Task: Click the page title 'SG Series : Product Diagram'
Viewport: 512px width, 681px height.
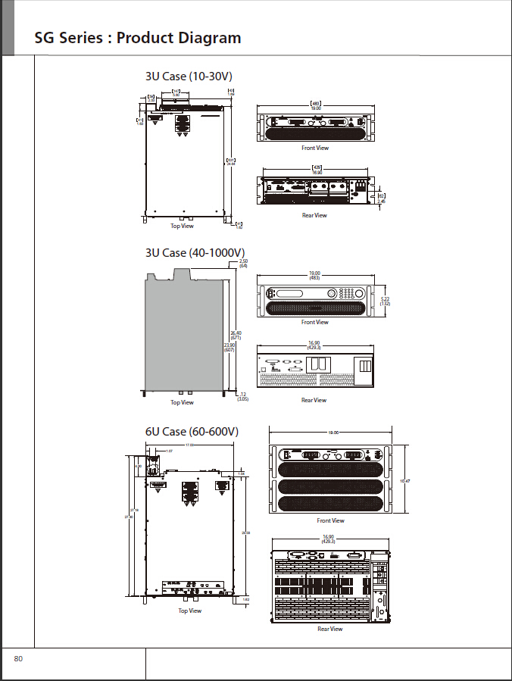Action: click(x=138, y=38)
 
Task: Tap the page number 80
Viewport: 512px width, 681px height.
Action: click(x=18, y=659)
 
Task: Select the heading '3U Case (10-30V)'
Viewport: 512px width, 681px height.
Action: click(x=189, y=77)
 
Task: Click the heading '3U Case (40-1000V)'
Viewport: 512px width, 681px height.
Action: click(x=195, y=252)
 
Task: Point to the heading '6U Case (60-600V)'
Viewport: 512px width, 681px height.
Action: click(x=192, y=432)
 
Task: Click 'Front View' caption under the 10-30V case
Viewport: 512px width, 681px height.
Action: click(x=315, y=148)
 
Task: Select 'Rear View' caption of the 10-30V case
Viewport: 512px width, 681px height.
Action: click(x=314, y=215)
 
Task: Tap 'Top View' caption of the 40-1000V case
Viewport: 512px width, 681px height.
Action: click(x=182, y=402)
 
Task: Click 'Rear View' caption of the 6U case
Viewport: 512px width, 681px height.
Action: click(x=329, y=629)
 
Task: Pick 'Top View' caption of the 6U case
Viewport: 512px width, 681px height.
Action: click(x=190, y=611)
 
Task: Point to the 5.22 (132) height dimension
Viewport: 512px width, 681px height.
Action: click(x=385, y=301)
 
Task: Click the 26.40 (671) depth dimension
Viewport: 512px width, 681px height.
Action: click(x=236, y=335)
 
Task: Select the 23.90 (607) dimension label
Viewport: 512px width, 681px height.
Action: click(x=229, y=347)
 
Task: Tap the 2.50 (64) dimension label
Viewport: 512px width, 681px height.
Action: click(x=243, y=264)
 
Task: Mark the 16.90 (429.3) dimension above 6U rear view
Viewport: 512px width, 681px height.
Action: click(x=329, y=539)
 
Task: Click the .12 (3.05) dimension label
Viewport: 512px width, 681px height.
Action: click(x=242, y=396)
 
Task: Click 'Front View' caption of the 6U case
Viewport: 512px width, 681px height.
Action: click(x=330, y=520)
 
